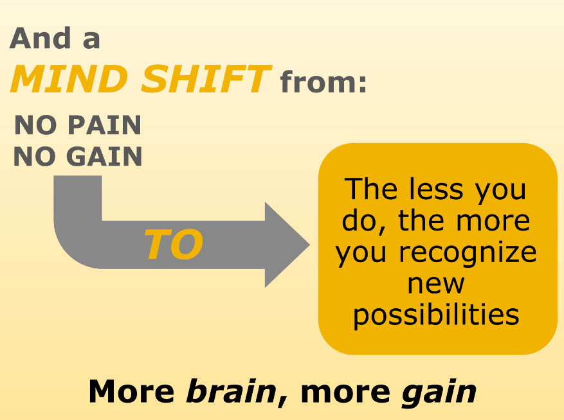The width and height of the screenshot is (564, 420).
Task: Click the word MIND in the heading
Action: pos(69,79)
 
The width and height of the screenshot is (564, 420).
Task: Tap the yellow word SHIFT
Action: pos(206,79)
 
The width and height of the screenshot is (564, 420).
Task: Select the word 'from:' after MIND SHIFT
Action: pos(323,82)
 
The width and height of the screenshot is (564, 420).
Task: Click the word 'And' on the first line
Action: pos(41,38)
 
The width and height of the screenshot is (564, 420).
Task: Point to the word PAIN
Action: pos(104,125)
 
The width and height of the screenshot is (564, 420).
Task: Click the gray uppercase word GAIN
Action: pos(104,156)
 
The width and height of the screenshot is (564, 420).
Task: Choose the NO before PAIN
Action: pos(35,125)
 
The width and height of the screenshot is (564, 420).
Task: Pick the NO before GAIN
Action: pos(35,156)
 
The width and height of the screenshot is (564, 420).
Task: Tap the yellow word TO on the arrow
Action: pos(174,244)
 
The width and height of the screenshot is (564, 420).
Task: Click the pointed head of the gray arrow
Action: pos(309,245)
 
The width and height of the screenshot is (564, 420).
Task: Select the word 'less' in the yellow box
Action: pos(436,189)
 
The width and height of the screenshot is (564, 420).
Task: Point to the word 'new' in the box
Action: pos(436,284)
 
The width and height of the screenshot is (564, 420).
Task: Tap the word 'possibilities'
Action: pos(436,315)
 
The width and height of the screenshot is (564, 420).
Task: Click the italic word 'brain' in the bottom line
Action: pos(232,391)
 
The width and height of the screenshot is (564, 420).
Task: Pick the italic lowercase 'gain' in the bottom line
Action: pos(439,393)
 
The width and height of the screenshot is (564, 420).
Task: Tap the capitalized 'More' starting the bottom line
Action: pos(132,391)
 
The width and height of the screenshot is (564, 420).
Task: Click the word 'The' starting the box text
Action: pos(371,189)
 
